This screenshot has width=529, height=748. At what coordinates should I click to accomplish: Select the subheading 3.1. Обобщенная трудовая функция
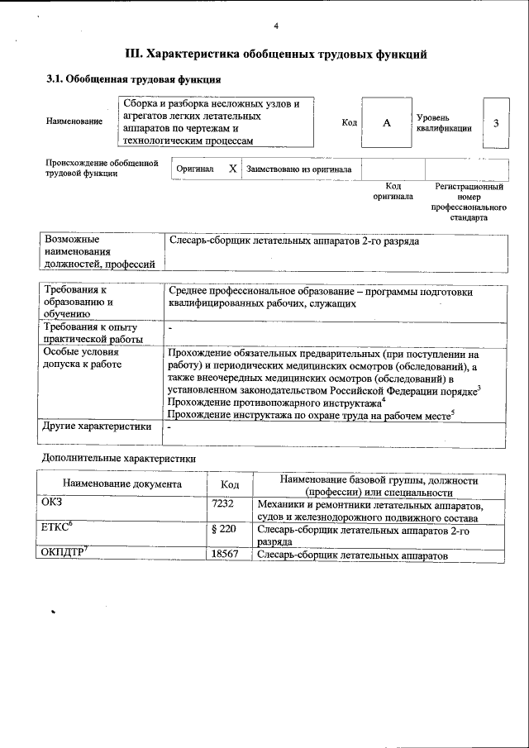[132, 80]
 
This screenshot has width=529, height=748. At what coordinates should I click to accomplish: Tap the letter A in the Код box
[386, 123]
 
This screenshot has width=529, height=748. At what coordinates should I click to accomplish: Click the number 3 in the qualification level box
[495, 123]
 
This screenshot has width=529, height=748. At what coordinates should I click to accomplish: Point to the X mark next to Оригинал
[232, 169]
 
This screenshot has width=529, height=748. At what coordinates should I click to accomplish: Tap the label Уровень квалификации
[444, 123]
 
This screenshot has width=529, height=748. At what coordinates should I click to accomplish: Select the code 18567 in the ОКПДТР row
[226, 555]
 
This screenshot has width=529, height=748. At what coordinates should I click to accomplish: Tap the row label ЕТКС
[57, 527]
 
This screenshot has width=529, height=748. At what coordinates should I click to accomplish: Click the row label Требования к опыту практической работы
[93, 332]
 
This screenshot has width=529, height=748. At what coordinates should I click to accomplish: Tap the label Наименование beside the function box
[74, 122]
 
